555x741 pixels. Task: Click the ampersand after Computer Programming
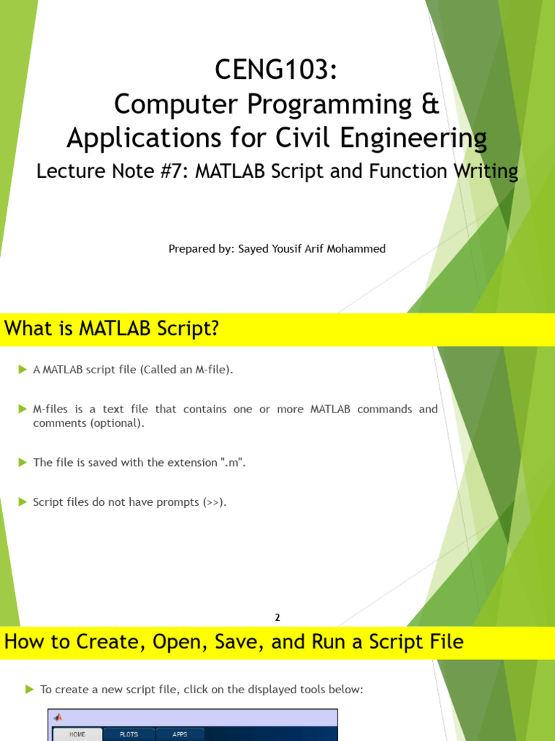tap(430, 105)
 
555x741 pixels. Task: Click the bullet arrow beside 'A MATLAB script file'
tap(22, 370)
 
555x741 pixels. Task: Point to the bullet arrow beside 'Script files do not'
tap(22, 501)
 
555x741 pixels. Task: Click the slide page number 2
tap(277, 617)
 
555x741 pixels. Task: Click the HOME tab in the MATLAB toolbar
tap(77, 734)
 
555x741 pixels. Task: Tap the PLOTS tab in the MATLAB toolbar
tap(129, 734)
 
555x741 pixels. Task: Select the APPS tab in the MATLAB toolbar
tap(180, 734)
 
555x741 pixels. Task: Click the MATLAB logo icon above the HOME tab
tap(58, 717)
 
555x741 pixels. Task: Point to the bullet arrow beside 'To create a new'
tap(30, 689)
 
